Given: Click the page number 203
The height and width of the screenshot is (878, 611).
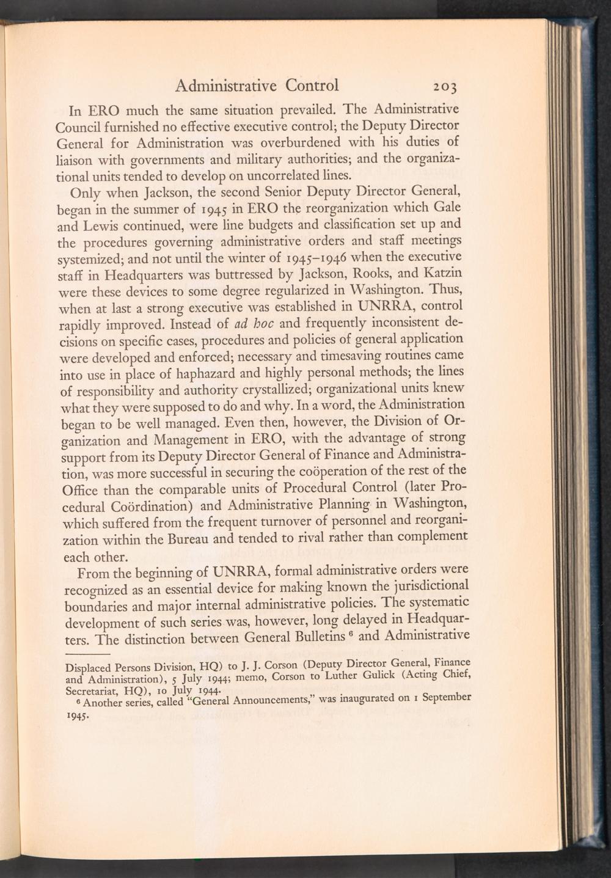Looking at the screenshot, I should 448,86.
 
